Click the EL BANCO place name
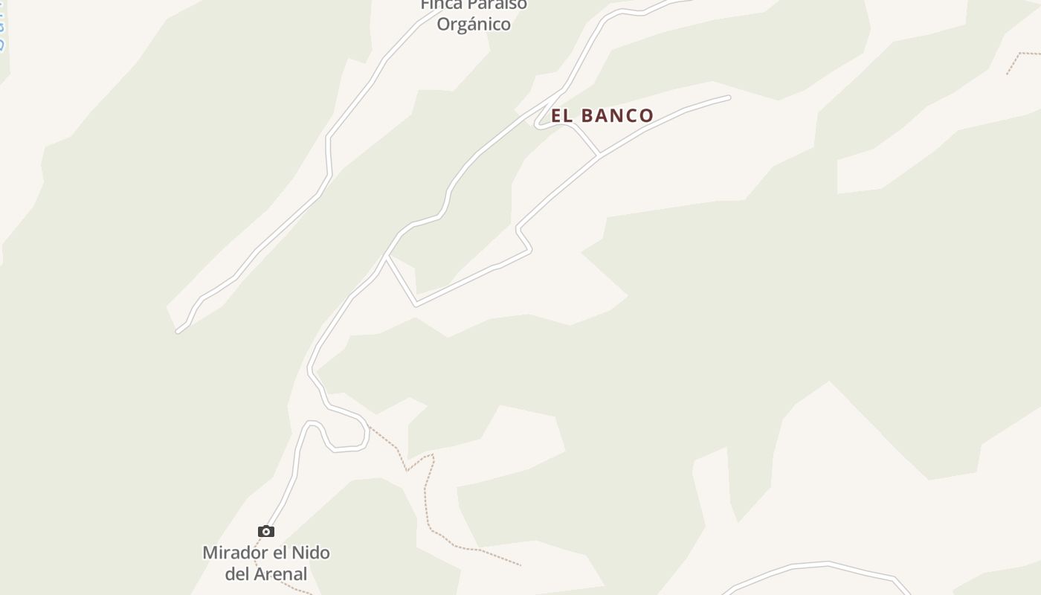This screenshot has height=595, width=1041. tap(602, 115)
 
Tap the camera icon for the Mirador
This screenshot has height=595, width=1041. tap(266, 531)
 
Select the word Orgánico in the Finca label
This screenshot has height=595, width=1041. tap(474, 24)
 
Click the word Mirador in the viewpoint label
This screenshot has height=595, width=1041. tap(234, 553)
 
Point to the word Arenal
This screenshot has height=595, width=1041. tap(281, 573)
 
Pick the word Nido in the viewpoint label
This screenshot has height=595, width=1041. tap(312, 553)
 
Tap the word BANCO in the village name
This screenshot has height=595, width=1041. tap(616, 115)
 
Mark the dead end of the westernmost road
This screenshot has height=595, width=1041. tap(178, 330)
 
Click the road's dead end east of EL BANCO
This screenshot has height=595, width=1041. tap(728, 97)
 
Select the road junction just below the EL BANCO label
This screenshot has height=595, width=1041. tap(599, 156)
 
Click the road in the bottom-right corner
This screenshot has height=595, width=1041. tap(818, 565)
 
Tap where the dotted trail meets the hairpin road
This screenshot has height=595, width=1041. tap(368, 425)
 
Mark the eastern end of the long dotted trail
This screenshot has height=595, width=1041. tap(520, 565)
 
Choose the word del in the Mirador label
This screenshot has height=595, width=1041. tap(238, 573)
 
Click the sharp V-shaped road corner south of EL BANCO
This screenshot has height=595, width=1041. tap(416, 304)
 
